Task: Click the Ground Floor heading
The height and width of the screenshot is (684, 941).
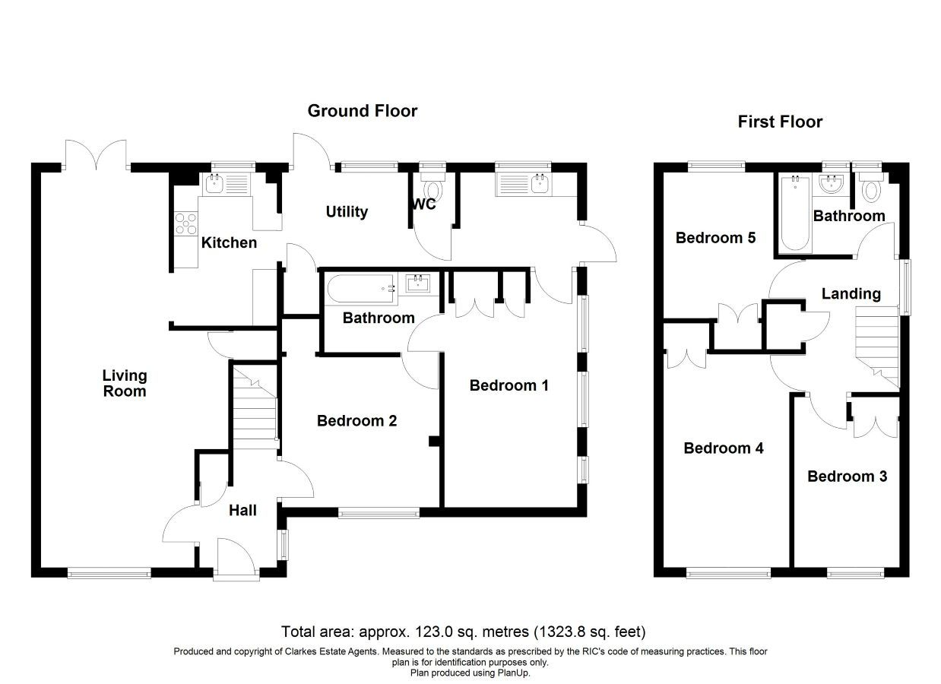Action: [x=362, y=111]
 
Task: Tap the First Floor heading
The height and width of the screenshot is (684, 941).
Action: [x=780, y=122]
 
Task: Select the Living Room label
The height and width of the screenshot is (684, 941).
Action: [x=125, y=383]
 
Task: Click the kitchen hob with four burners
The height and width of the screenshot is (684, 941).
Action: [x=186, y=224]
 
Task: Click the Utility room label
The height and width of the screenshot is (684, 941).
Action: [x=347, y=212]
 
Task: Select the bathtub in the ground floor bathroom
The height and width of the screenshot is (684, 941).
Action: [x=362, y=288]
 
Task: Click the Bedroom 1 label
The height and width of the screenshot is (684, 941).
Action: [x=509, y=385]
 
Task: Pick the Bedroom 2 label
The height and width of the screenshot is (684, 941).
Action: [x=356, y=420]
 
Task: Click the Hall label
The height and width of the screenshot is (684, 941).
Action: [x=242, y=511]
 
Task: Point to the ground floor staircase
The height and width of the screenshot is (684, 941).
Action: [x=255, y=407]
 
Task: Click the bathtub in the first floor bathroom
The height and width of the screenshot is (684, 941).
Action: [x=795, y=214]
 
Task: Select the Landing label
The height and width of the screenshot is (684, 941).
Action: [x=851, y=293]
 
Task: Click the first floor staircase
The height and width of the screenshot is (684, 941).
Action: [x=877, y=347]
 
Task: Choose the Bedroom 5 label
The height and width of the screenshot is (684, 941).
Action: [x=715, y=238]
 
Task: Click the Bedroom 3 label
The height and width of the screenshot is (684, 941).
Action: [x=847, y=477]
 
